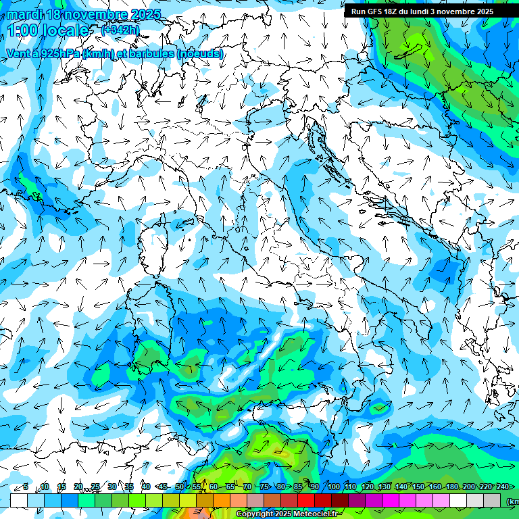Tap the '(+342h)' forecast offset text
(x=120, y=30)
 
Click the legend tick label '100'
(x=333, y=487)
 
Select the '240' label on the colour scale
(x=502, y=487)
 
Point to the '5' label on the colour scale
(x=26, y=487)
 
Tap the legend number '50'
(x=180, y=487)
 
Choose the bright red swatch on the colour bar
(x=306, y=500)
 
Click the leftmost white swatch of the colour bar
(x=19, y=500)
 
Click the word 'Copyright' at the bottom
(x=255, y=514)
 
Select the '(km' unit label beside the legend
(x=512, y=501)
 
